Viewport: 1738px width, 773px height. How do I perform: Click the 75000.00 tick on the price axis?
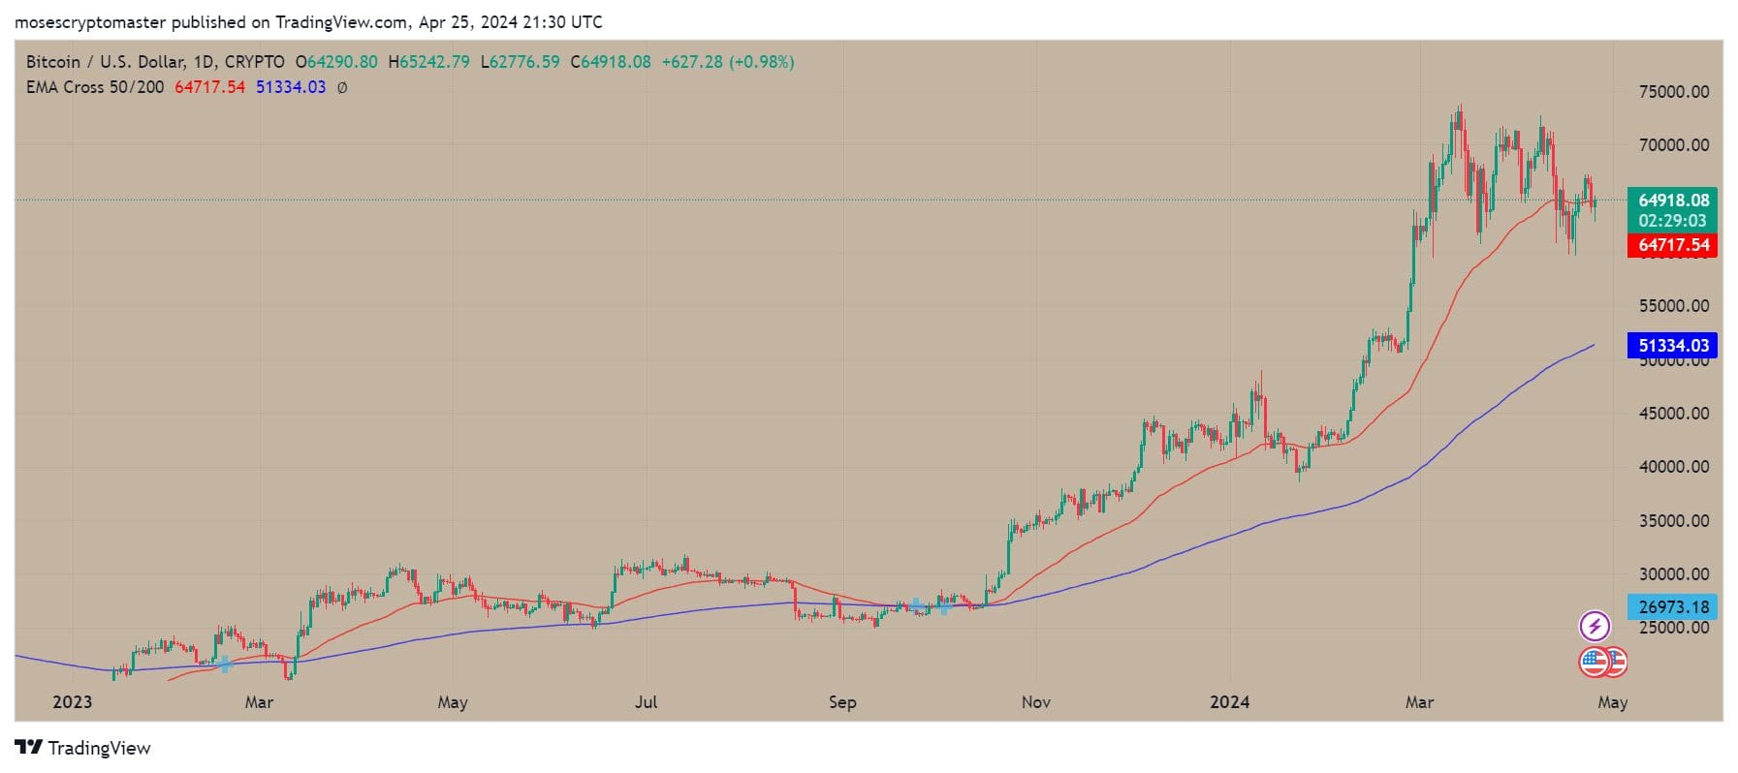[x=1673, y=92]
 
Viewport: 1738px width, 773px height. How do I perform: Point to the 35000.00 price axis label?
[x=1673, y=520]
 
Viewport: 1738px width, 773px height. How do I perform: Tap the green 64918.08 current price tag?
[x=1673, y=201]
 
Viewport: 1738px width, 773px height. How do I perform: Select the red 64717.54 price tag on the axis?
[x=1673, y=245]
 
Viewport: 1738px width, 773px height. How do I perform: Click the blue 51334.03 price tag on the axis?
[x=1673, y=345]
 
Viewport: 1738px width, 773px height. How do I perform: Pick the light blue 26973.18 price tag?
[x=1673, y=607]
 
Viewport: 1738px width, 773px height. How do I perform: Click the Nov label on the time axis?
[x=1035, y=702]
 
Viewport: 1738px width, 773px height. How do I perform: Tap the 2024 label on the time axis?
[x=1229, y=702]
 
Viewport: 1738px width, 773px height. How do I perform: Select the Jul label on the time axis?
[x=646, y=702]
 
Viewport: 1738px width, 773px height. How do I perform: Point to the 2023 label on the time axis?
[x=73, y=702]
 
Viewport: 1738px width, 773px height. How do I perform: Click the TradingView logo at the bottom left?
[x=83, y=748]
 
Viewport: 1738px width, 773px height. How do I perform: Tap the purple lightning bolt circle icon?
[x=1595, y=627]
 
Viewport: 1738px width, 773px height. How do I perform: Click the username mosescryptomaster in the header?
[x=90, y=21]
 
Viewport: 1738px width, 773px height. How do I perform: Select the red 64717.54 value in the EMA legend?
[x=209, y=87]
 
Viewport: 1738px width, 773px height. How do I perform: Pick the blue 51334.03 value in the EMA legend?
[x=290, y=87]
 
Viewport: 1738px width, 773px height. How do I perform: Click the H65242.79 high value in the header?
[x=428, y=62]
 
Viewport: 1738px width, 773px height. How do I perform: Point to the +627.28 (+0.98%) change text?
[x=727, y=62]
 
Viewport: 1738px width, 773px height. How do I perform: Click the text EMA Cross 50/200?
[x=95, y=87]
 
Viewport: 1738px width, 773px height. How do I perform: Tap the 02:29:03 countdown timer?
[x=1673, y=221]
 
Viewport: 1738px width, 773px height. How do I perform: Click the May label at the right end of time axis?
[x=1612, y=702]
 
